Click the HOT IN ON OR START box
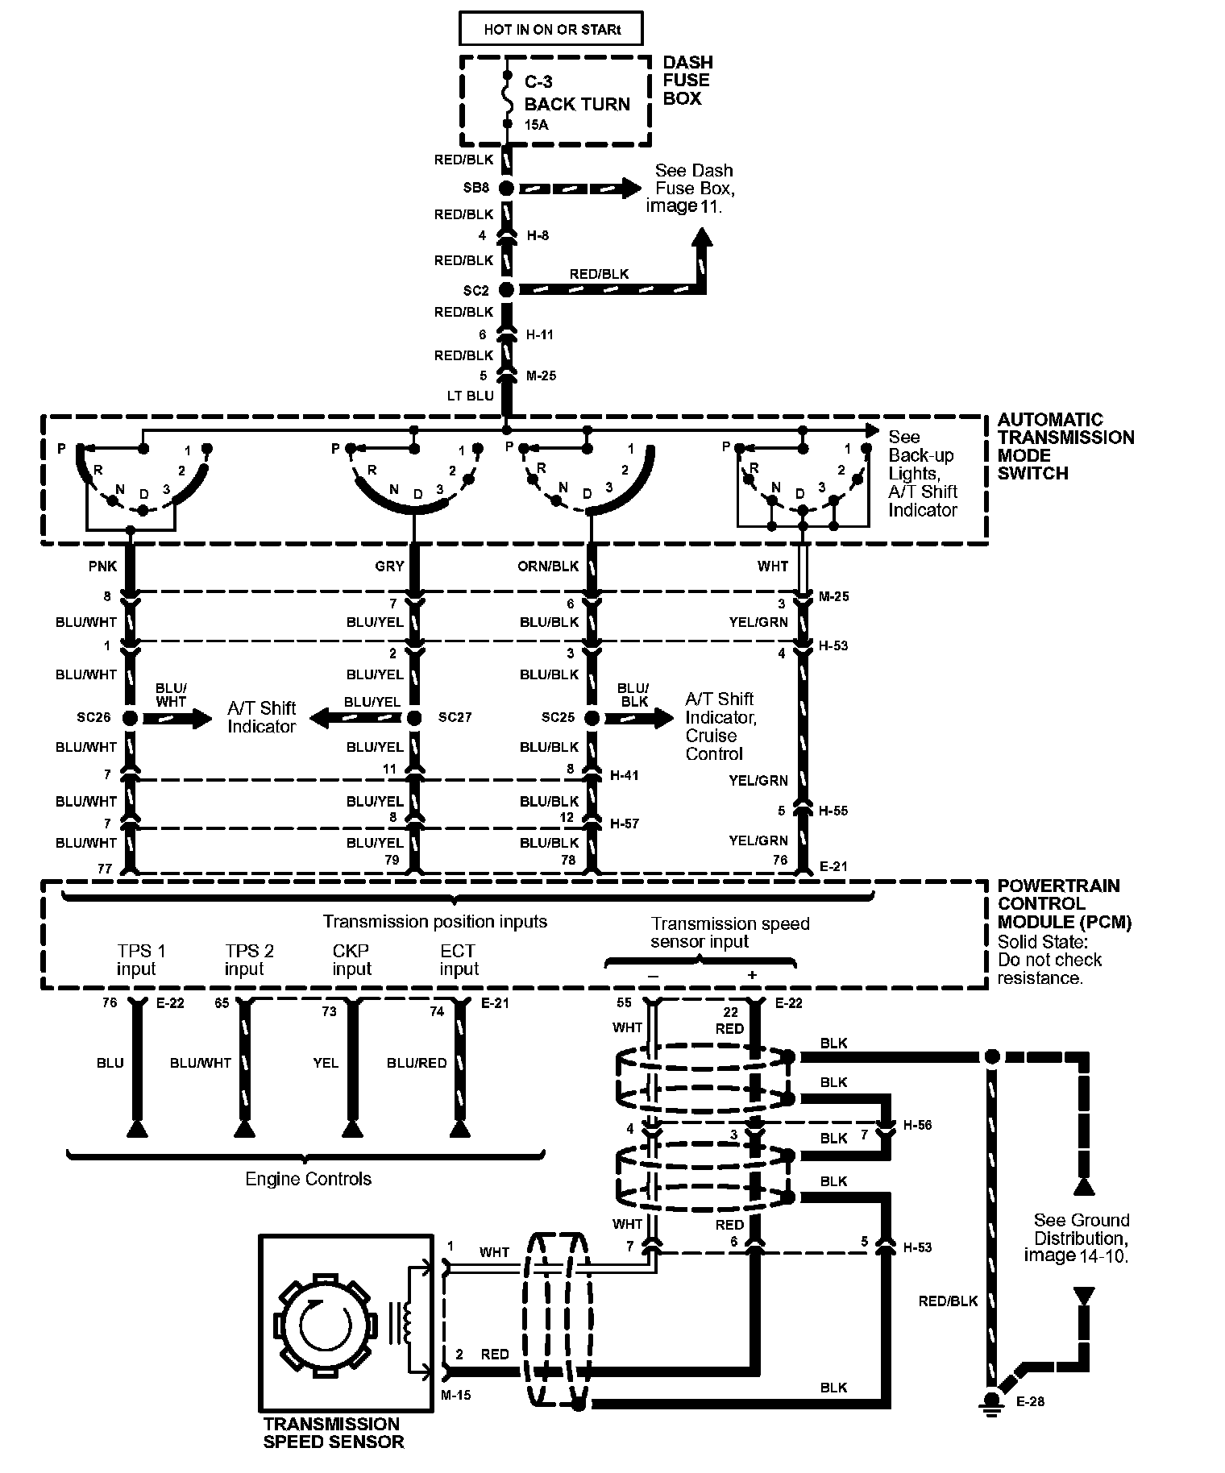point(552,30)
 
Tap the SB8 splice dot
point(506,189)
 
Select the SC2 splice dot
point(506,289)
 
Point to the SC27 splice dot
point(414,718)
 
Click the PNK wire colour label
point(102,566)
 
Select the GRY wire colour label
point(389,566)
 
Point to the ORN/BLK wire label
point(548,566)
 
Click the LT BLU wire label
point(471,396)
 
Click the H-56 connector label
point(917,1125)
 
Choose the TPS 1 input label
point(137,960)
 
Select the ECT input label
point(458,960)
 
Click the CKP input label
point(351,960)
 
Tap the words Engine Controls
point(309,1179)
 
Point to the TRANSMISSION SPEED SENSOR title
point(332,1433)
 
